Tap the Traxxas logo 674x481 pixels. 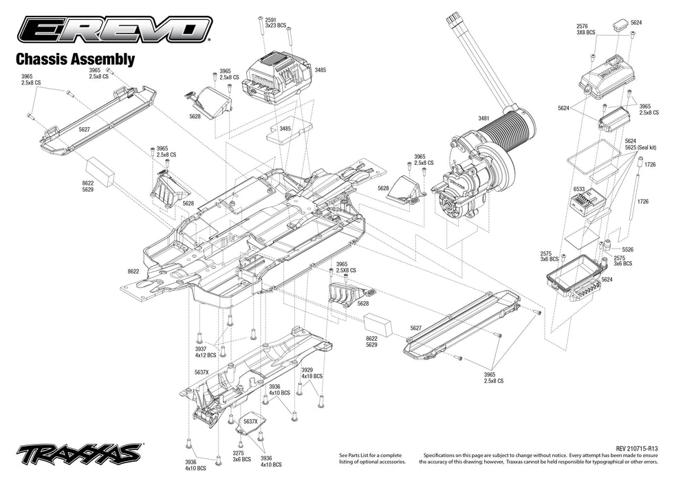pyautogui.click(x=80, y=454)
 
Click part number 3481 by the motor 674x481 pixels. pyautogui.click(x=483, y=118)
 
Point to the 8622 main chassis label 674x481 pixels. pyautogui.click(x=133, y=271)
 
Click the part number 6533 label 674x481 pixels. pyautogui.click(x=578, y=190)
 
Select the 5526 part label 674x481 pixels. pyautogui.click(x=627, y=249)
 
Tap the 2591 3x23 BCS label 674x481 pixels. pyautogui.click(x=270, y=23)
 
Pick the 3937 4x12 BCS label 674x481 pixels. pyautogui.click(x=205, y=352)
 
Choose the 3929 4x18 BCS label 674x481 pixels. pyautogui.click(x=312, y=373)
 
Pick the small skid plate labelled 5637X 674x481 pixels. pyautogui.click(x=251, y=432)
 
